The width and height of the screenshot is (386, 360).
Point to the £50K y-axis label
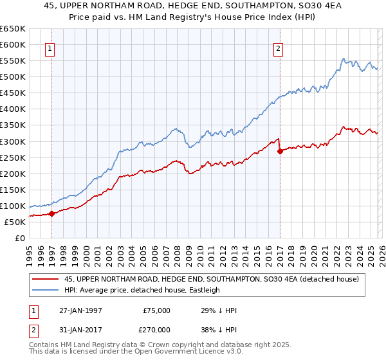(x=15, y=222)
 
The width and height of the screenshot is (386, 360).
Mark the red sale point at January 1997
(x=51, y=213)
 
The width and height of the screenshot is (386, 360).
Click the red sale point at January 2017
(x=280, y=151)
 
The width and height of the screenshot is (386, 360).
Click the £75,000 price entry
(x=156, y=310)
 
